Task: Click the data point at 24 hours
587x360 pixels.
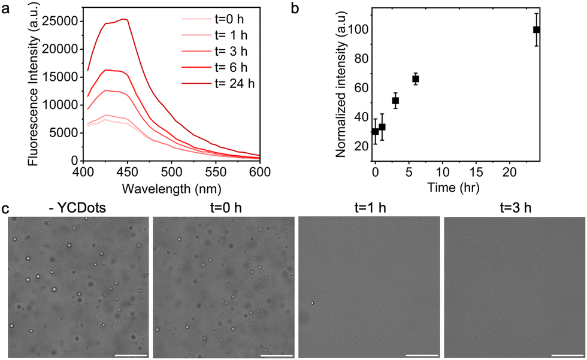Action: (x=537, y=30)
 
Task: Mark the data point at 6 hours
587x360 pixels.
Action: (x=416, y=79)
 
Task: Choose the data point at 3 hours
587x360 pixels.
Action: (x=395, y=101)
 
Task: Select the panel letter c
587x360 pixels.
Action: (x=5, y=209)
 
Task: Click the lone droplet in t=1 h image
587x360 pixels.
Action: (x=312, y=303)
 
